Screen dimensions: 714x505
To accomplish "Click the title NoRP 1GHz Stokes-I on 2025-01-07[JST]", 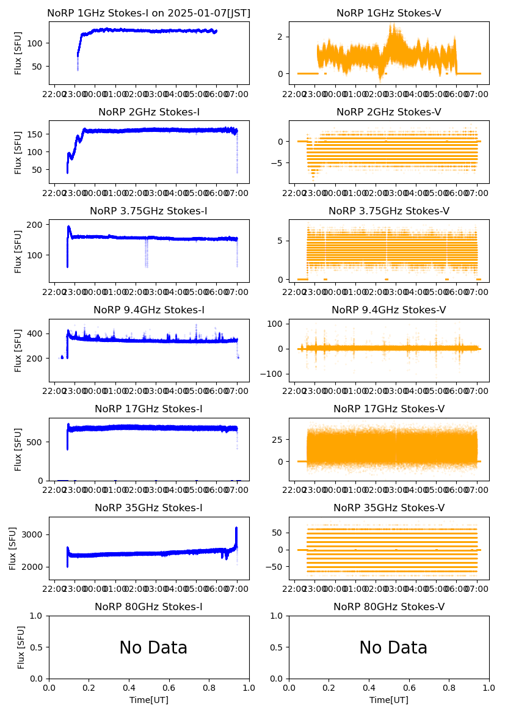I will click(149, 13).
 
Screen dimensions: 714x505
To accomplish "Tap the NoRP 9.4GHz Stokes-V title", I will click(389, 310).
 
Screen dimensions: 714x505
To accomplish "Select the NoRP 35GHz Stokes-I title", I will click(149, 508).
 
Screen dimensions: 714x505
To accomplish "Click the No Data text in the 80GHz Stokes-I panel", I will click(153, 647).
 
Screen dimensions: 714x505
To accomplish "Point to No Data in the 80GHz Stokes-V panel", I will click(393, 647).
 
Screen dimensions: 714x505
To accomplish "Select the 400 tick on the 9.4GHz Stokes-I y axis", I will click(37, 333).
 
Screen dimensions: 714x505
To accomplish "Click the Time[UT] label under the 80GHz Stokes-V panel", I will click(389, 700).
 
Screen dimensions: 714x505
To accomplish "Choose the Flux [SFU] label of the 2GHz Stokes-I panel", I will click(18, 152).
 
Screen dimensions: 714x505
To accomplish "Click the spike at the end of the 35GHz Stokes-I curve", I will click(236, 529).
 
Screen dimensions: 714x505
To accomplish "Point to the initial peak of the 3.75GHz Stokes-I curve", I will click(69, 227).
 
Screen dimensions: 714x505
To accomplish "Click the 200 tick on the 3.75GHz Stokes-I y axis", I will click(37, 225).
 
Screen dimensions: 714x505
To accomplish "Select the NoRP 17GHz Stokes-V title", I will click(389, 409).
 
